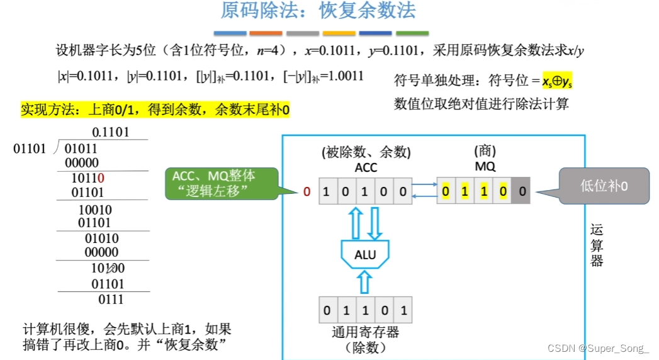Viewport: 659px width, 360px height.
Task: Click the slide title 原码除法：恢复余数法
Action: point(318,11)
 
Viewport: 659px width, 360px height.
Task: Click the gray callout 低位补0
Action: point(604,186)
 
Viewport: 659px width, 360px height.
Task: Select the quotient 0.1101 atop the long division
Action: point(110,132)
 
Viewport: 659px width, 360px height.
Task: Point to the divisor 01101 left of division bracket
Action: point(30,149)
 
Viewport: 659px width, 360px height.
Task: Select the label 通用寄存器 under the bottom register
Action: point(365,332)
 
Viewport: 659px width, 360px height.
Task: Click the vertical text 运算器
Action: point(597,245)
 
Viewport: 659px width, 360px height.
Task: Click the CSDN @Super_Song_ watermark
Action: point(598,347)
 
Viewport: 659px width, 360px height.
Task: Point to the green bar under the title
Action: point(412,33)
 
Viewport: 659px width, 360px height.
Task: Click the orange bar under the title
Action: point(266,33)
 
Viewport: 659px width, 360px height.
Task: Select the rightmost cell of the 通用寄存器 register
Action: point(403,310)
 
